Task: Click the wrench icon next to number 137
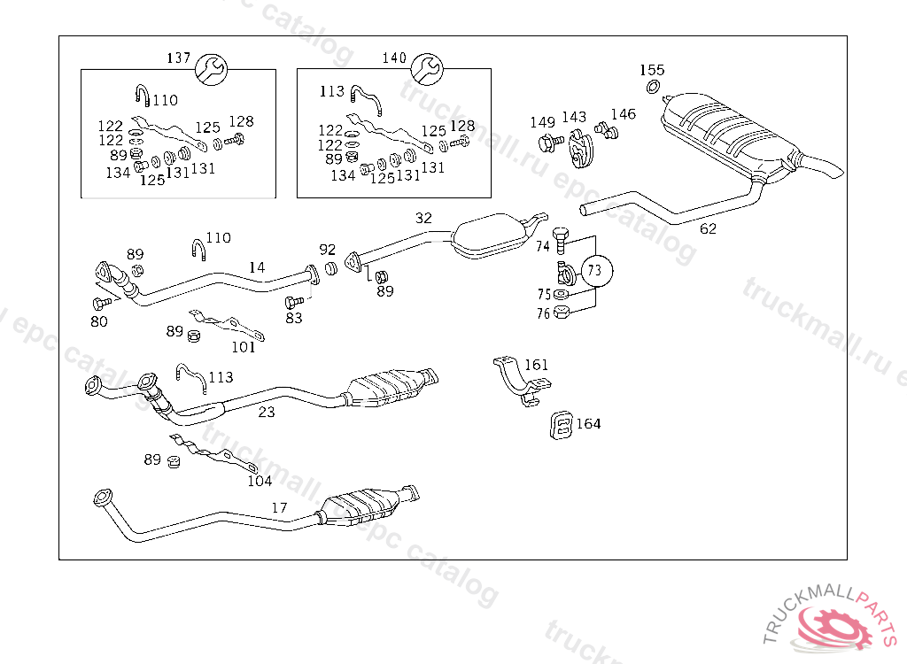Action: pyautogui.click(x=211, y=69)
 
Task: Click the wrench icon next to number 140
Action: pyautogui.click(x=427, y=69)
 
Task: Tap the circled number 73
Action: pyautogui.click(x=596, y=270)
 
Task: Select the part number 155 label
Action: pyautogui.click(x=652, y=70)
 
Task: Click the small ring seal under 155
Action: pyautogui.click(x=653, y=87)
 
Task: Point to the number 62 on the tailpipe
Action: pyautogui.click(x=708, y=229)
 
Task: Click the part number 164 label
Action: pyautogui.click(x=588, y=424)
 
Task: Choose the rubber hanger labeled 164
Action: pyautogui.click(x=561, y=426)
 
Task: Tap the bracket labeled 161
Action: pyautogui.click(x=521, y=382)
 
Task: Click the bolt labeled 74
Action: pyautogui.click(x=561, y=241)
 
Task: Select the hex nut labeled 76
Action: pyautogui.click(x=561, y=313)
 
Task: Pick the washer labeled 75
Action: pyautogui.click(x=561, y=295)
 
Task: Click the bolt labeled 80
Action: pyautogui.click(x=102, y=303)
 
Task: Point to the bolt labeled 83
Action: pyautogui.click(x=294, y=302)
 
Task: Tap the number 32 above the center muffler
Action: pyautogui.click(x=423, y=218)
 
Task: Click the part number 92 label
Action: pyautogui.click(x=328, y=250)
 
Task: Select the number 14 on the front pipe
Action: pyautogui.click(x=257, y=267)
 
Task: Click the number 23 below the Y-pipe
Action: pyautogui.click(x=266, y=413)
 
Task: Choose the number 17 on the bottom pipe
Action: pyautogui.click(x=279, y=508)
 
